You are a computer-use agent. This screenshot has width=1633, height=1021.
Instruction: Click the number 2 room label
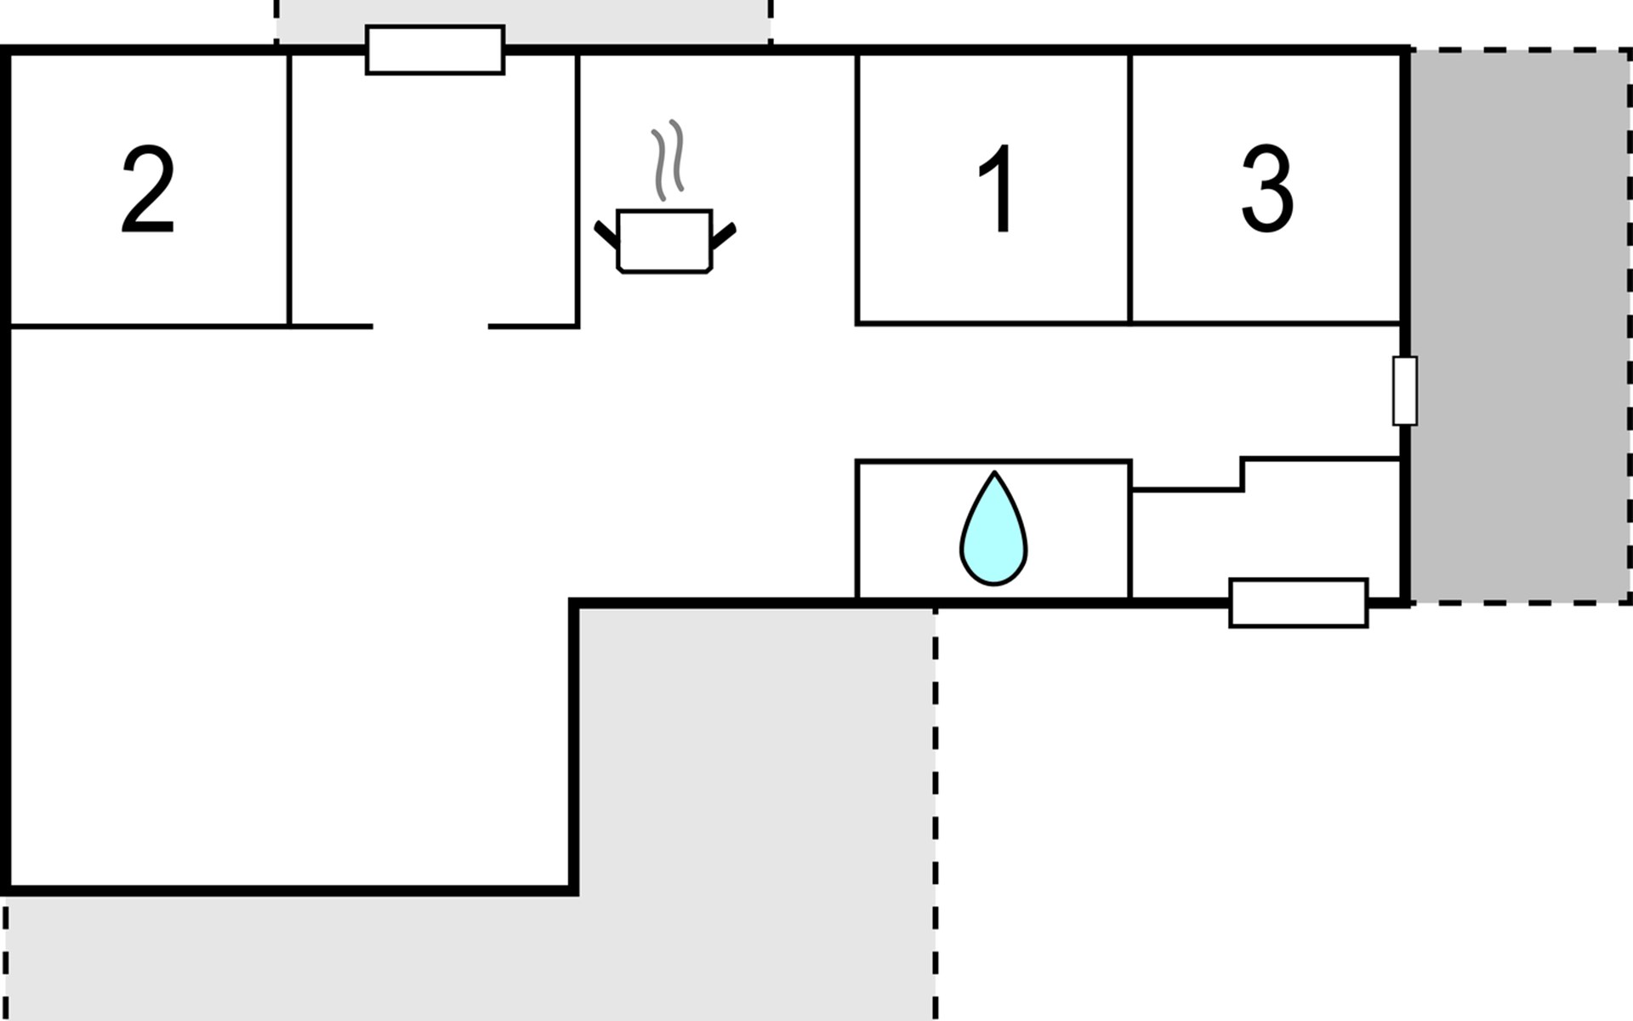pyautogui.click(x=148, y=189)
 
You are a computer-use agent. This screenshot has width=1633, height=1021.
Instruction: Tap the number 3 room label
pyautogui.click(x=1267, y=189)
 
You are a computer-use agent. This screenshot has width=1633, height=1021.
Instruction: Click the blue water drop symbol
pyautogui.click(x=993, y=528)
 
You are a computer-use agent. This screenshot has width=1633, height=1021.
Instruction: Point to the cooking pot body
pyautogui.click(x=664, y=241)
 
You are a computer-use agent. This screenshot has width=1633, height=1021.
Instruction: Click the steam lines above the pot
pyautogui.click(x=668, y=160)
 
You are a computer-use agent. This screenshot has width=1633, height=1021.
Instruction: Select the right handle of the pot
pyautogui.click(x=723, y=237)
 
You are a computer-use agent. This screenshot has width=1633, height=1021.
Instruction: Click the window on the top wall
pyautogui.click(x=435, y=50)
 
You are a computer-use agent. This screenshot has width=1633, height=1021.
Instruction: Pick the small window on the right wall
pyautogui.click(x=1404, y=391)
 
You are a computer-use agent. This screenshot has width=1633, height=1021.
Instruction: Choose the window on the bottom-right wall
pyautogui.click(x=1299, y=603)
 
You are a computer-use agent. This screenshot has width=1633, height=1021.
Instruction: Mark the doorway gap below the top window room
pyautogui.click(x=430, y=326)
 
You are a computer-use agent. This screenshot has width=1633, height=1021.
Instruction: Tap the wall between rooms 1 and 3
pyautogui.click(x=1129, y=188)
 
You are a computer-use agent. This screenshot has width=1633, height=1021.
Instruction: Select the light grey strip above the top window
pyautogui.click(x=523, y=21)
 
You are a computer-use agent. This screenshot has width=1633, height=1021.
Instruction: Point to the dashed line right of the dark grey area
pyautogui.click(x=1630, y=326)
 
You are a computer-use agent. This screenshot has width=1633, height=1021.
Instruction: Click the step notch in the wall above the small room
pyautogui.click(x=1243, y=475)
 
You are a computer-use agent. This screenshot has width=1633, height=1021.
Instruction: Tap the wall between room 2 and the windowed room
pyautogui.click(x=289, y=190)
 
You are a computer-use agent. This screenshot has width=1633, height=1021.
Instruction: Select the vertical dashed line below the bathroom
pyautogui.click(x=936, y=813)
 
